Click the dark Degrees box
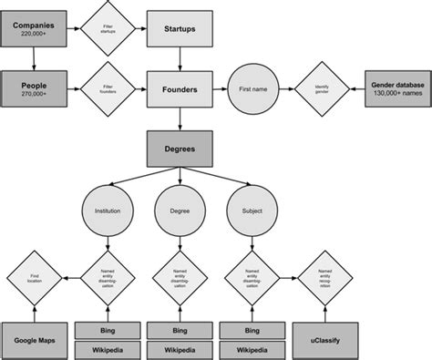coord(180,147)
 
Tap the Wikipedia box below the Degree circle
coord(180,349)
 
